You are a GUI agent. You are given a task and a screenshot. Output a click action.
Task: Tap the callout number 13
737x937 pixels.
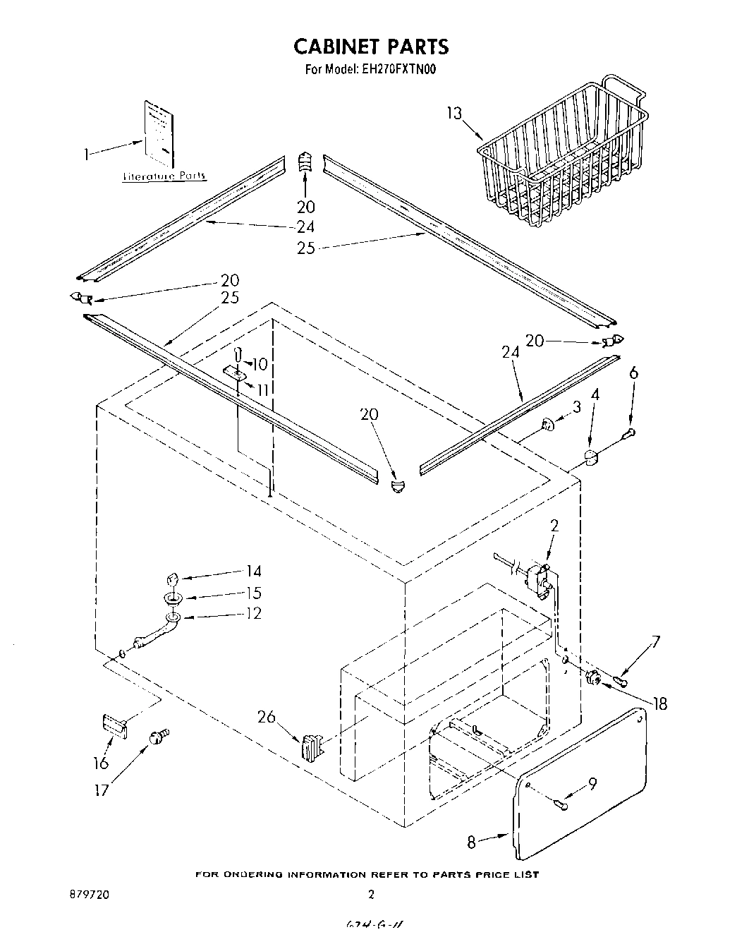click(456, 113)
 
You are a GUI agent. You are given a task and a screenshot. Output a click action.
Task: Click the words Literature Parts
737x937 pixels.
click(165, 176)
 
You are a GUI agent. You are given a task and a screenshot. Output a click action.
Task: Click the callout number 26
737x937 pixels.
click(266, 717)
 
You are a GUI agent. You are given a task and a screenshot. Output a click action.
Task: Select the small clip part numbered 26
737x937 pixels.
click(311, 746)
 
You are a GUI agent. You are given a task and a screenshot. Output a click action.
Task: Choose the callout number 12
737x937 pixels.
click(252, 613)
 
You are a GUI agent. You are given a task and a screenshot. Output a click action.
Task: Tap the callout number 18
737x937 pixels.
click(660, 703)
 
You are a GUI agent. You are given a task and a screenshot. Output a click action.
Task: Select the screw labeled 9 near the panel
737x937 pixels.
click(561, 804)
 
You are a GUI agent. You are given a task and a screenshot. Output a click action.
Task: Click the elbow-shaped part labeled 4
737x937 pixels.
click(591, 458)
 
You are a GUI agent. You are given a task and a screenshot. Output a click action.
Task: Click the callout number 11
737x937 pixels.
click(263, 389)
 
